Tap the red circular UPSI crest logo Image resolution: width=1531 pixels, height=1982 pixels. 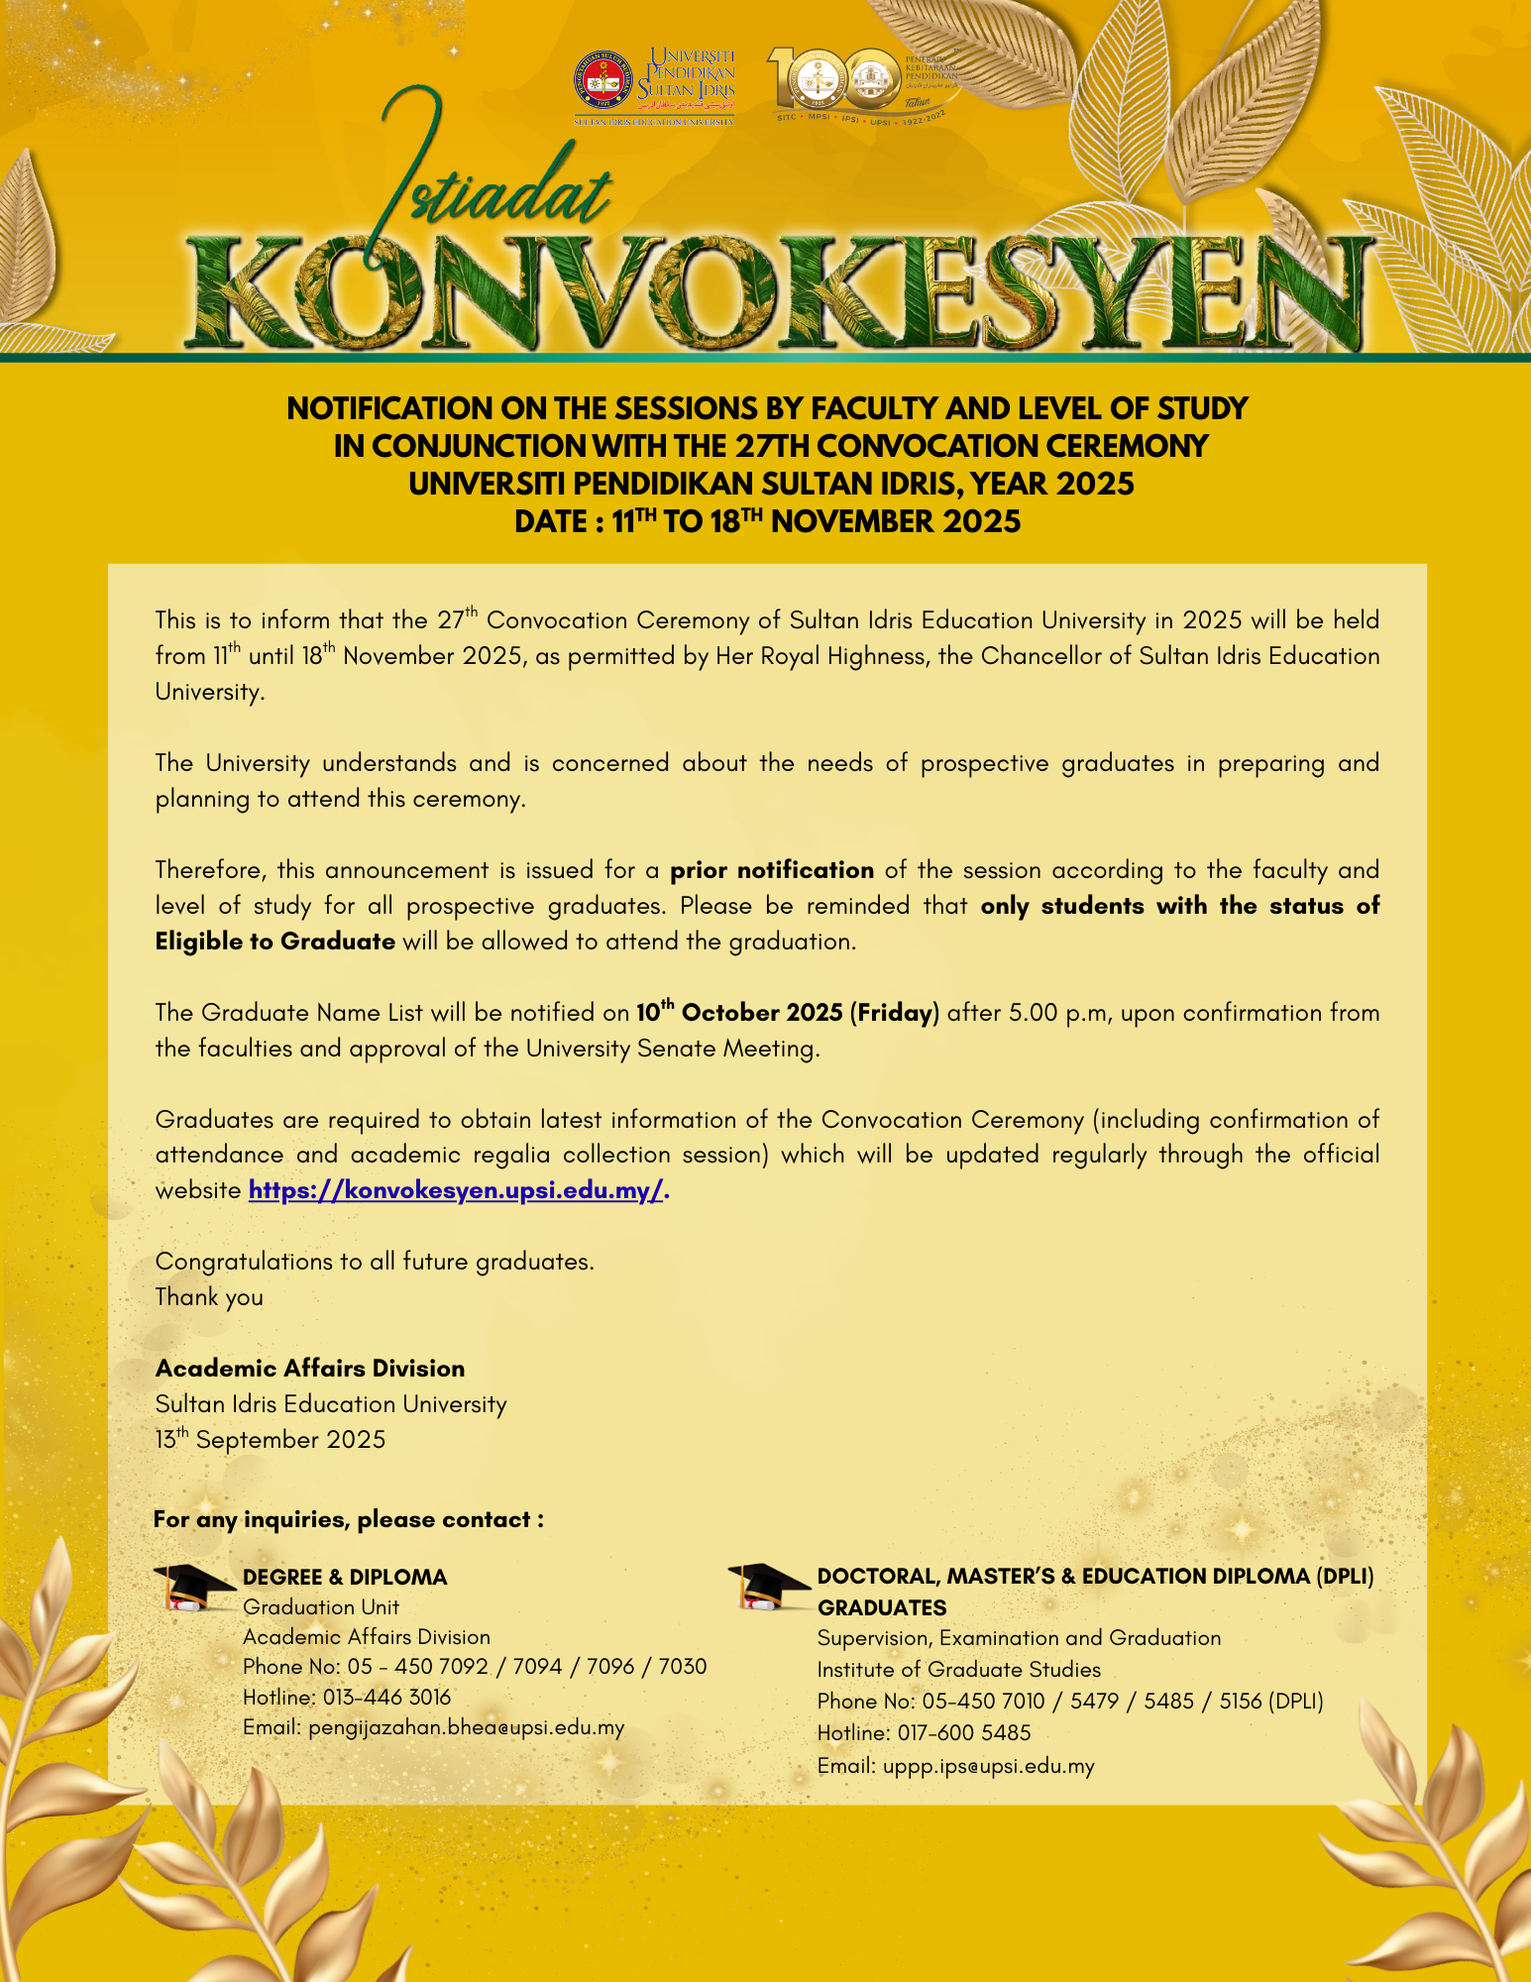(601, 83)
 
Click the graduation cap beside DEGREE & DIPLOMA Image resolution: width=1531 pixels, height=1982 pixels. (194, 1587)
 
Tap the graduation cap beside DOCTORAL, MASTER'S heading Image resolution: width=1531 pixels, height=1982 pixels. (767, 1587)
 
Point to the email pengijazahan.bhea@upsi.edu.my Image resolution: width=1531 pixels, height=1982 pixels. (466, 1727)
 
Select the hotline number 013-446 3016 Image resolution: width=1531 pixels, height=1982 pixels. (386, 1697)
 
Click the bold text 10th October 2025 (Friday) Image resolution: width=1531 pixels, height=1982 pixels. (787, 1012)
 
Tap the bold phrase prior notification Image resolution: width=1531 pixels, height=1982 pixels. (772, 870)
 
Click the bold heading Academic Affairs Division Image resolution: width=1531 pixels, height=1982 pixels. (310, 1368)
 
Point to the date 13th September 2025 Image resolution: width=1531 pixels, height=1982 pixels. (271, 1439)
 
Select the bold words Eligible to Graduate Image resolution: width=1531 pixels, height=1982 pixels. (275, 941)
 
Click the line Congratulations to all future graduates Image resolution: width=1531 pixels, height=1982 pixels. (375, 1261)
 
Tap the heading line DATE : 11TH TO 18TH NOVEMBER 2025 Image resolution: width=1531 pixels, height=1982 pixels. (767, 521)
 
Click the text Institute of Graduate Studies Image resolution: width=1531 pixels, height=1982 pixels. (958, 1669)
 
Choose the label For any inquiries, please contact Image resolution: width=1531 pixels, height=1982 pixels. (348, 1519)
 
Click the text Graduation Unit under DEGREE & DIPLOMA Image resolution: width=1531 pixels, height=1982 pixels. (321, 1606)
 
